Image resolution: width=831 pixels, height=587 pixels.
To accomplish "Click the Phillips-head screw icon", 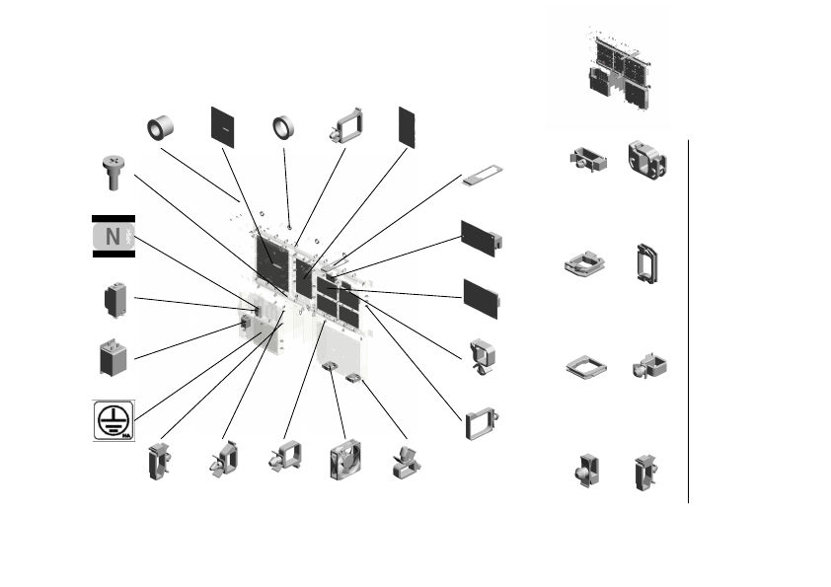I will click(113, 171).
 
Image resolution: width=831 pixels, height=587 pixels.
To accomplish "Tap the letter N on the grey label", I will click(113, 237).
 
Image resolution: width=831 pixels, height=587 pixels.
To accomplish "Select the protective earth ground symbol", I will click(113, 419).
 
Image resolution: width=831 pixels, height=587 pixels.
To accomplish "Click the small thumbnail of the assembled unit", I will click(616, 66).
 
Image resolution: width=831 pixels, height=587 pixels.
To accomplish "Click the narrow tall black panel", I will click(407, 126).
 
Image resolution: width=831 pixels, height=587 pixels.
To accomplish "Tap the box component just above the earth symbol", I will click(113, 358).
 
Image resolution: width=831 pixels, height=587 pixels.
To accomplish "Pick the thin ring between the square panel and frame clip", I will click(285, 128).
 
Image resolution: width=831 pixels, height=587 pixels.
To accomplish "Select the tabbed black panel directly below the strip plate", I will click(481, 239).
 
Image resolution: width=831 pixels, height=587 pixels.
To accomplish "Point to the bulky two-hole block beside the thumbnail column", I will click(647, 161).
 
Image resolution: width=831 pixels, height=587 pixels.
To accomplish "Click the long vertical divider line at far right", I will click(688, 321).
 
